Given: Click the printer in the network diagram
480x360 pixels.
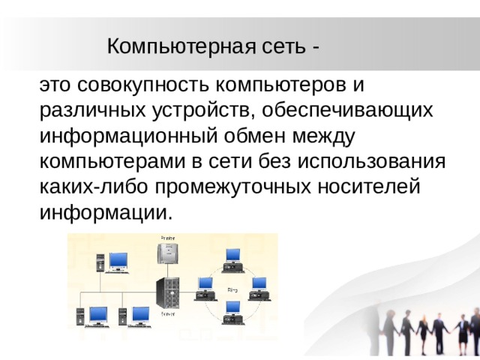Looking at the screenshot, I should point(167,250).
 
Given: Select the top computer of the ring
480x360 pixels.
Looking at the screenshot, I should point(232,259).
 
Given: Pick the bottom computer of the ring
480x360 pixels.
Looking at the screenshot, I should point(232,310).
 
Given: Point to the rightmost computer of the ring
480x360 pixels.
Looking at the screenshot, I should point(259,287).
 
